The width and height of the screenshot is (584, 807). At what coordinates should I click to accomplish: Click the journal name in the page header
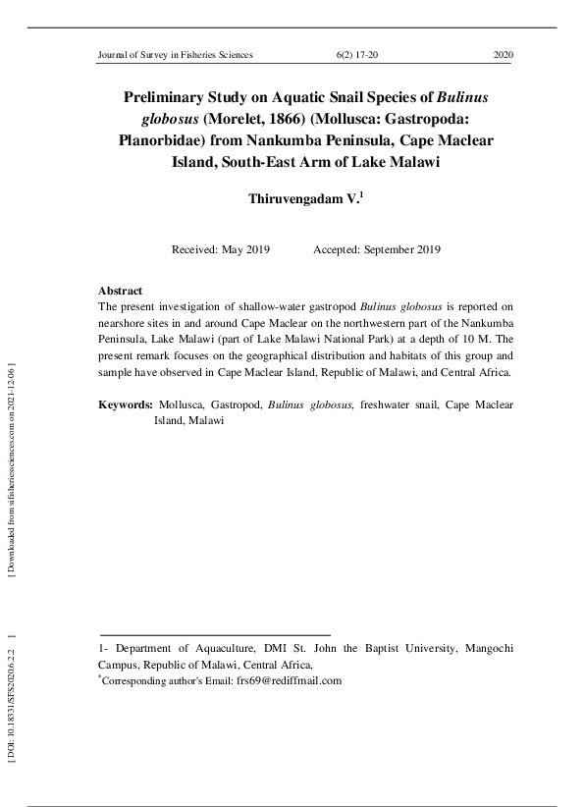coord(176,55)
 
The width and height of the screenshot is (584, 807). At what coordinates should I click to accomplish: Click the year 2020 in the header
coord(504,55)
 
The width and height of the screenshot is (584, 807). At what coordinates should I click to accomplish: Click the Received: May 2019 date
coord(221,249)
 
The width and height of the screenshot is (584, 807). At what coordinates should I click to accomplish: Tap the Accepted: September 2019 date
coord(376,249)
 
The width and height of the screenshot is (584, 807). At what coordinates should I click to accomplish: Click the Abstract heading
coord(121,291)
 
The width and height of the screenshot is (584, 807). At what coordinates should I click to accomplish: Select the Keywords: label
coord(126,404)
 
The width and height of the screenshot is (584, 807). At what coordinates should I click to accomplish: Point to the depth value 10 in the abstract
coord(466,340)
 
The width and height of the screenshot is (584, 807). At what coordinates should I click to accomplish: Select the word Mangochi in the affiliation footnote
coord(486,649)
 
